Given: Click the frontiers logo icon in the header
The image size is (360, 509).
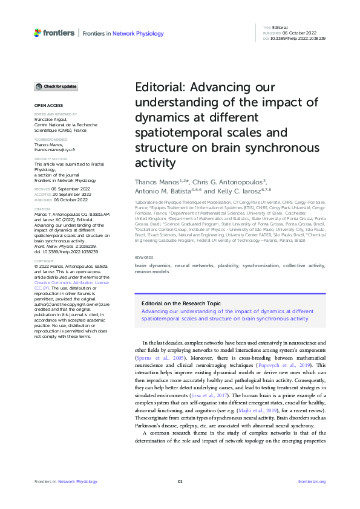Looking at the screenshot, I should click(38, 33).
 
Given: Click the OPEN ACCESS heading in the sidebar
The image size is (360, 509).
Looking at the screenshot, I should click(47, 106).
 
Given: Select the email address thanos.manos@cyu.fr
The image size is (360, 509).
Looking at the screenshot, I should click(54, 149).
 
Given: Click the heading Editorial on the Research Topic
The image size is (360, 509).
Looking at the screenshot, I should click(182, 304).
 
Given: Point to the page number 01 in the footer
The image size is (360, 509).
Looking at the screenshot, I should click(180, 481).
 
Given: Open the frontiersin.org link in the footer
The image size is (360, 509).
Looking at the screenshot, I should click(312, 481).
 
